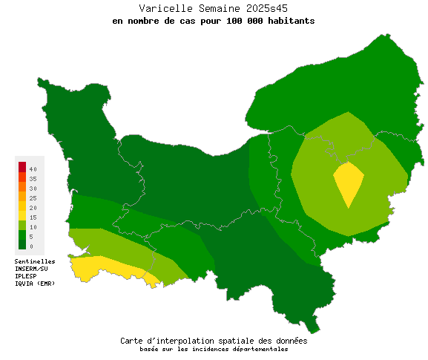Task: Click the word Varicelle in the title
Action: pyautogui.click(x=162, y=8)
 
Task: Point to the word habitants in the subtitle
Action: pyautogui.click(x=291, y=21)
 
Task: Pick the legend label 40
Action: pyautogui.click(x=33, y=169)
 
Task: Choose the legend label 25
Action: pyautogui.click(x=33, y=198)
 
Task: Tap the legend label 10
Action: pyautogui.click(x=33, y=227)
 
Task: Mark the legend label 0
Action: pyautogui.click(x=31, y=246)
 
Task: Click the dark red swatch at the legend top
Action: pyautogui.click(x=22, y=166)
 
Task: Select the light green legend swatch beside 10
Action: pyautogui.click(x=22, y=225)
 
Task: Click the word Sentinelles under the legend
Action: pyautogui.click(x=35, y=261)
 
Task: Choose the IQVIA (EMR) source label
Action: pyautogui.click(x=35, y=283)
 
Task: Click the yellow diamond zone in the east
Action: pyautogui.click(x=348, y=182)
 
